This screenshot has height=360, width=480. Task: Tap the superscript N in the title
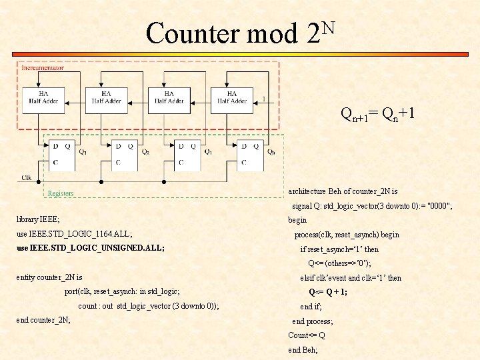(326, 27)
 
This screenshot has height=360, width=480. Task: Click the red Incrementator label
(43, 67)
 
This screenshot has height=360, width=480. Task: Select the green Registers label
(61, 193)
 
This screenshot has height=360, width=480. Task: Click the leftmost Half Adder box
(43, 98)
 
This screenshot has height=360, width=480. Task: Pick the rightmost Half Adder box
(231, 98)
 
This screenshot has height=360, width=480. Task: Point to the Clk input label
(26, 177)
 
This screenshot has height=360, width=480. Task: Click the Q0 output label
(270, 151)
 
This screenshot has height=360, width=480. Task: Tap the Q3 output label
(83, 151)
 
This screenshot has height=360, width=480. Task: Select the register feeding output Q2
(122, 153)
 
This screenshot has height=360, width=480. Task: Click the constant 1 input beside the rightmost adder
(265, 99)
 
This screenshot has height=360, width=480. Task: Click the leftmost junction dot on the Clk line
(38, 181)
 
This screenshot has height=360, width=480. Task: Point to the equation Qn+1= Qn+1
(378, 114)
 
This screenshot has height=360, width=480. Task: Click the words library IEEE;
(38, 219)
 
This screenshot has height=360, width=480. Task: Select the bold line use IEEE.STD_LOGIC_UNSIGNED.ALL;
(90, 247)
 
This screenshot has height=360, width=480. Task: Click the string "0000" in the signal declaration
(438, 206)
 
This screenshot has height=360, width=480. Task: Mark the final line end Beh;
(303, 349)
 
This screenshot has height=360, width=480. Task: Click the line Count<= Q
(307, 335)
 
